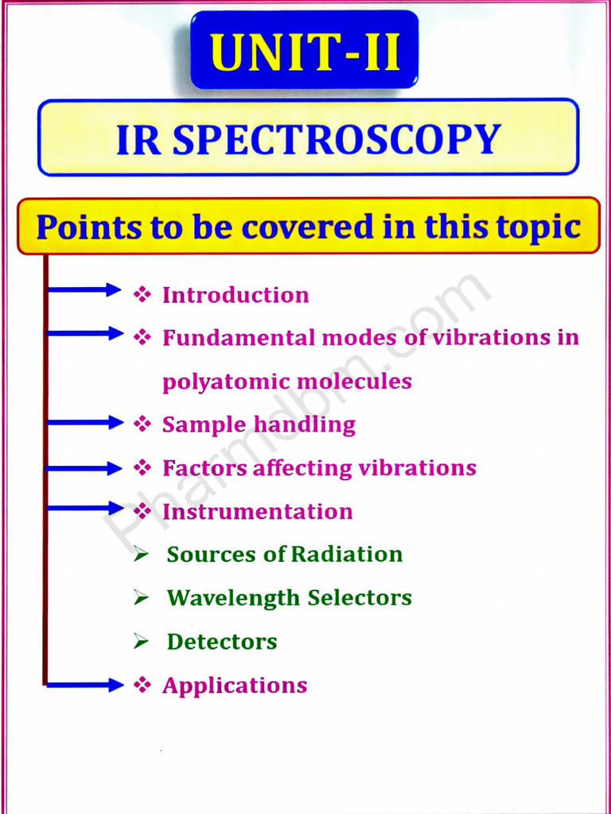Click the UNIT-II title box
305,50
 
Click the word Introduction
235,295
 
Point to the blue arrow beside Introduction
84,290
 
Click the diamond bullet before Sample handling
142,424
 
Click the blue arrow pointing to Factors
84,468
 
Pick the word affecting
302,468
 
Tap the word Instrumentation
257,511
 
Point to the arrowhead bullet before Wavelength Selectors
142,598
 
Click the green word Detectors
222,642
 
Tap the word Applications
235,685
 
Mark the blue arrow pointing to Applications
84,684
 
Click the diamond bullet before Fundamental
142,338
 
